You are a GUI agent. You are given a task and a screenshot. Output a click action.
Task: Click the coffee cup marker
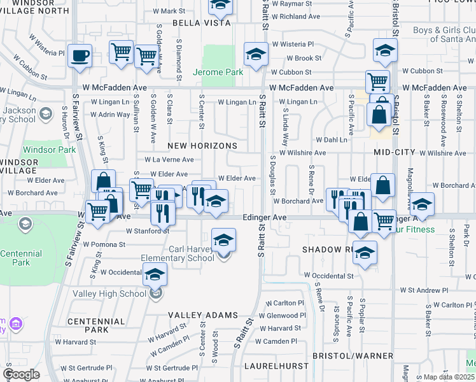pyautogui.click(x=80, y=55)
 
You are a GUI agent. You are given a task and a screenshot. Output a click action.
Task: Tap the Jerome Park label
pyautogui.click(x=218, y=72)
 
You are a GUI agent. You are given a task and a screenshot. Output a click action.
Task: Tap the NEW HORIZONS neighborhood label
pyautogui.click(x=202, y=146)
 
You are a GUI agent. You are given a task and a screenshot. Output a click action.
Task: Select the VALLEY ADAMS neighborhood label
pyautogui.click(x=203, y=315)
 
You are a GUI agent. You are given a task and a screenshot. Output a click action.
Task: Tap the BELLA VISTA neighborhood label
pyautogui.click(x=182, y=23)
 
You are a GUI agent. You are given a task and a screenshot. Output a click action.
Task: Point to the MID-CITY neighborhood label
pyautogui.click(x=395, y=152)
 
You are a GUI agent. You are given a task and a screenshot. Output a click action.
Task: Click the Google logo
pyautogui.click(x=21, y=374)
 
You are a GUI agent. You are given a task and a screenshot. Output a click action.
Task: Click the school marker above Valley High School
pyautogui.click(x=155, y=275)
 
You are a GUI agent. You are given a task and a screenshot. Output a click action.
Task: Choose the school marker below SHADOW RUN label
pyautogui.click(x=365, y=252)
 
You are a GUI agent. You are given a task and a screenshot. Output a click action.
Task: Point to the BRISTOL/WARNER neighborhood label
pyautogui.click(x=352, y=355)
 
